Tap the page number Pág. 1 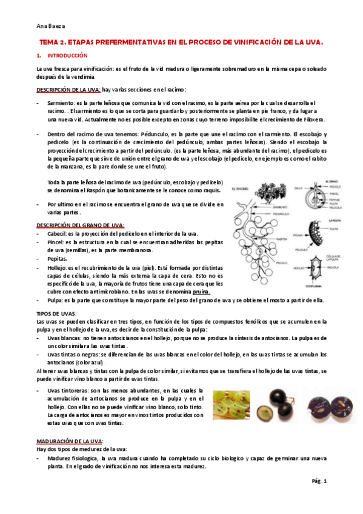(319, 481)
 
